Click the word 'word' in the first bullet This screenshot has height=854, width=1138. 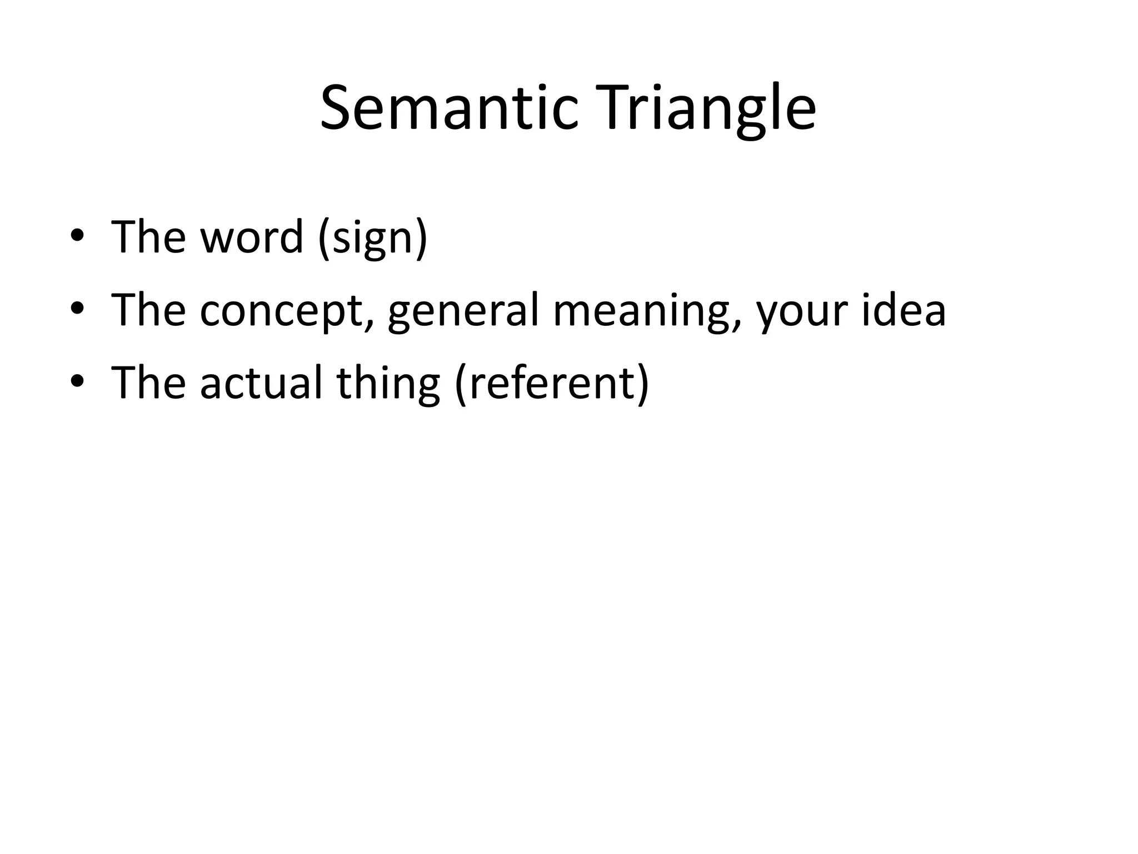pyautogui.click(x=251, y=237)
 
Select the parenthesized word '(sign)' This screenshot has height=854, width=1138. pyautogui.click(x=373, y=238)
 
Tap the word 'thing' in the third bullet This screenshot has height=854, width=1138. pyautogui.click(x=388, y=384)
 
